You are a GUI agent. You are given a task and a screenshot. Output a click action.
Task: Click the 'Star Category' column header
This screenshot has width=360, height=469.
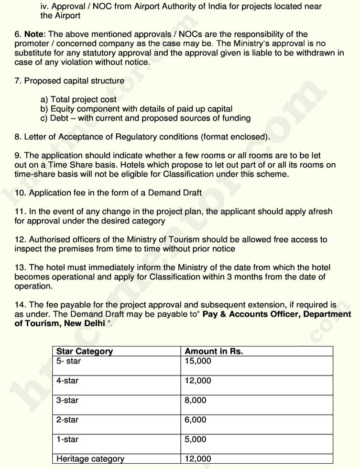85,352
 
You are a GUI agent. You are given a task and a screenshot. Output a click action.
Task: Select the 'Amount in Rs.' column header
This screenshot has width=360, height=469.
214,352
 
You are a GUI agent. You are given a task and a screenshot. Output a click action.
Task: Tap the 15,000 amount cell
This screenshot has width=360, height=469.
197,361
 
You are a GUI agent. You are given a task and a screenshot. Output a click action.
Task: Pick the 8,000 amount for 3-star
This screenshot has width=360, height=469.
196,400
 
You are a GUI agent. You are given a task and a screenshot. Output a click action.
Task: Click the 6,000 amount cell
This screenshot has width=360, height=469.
196,420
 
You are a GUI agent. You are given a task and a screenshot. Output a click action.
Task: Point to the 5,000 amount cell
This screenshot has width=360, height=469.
196,439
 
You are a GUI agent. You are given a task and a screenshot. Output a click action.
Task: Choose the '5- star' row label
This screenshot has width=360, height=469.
69,361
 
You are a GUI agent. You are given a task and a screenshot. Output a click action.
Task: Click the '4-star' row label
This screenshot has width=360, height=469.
67,381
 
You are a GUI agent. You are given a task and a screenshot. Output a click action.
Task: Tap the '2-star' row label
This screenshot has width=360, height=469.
67,420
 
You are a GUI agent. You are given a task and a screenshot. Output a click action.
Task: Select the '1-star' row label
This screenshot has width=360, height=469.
67,439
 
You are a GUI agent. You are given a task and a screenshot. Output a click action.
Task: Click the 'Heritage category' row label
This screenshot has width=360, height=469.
90,459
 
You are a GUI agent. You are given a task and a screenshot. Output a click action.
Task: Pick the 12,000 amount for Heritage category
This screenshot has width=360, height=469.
197,459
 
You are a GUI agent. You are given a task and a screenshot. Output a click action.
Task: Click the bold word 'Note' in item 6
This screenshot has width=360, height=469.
33,34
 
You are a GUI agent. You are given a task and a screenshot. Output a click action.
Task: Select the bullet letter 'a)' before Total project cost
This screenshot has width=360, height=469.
44,100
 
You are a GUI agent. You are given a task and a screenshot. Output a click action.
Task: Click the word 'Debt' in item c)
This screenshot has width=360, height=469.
60,118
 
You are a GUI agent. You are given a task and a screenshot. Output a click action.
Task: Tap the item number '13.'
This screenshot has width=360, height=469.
21,267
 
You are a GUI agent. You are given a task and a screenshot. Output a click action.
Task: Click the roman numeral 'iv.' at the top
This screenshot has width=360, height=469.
44,7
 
